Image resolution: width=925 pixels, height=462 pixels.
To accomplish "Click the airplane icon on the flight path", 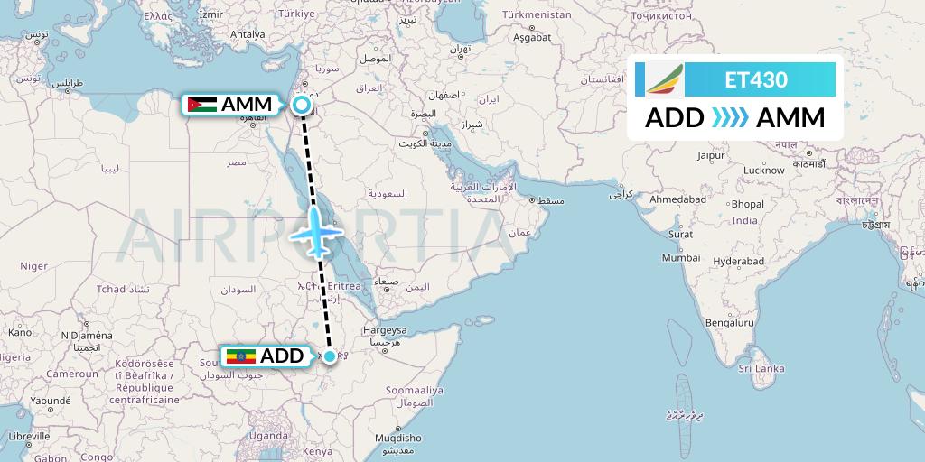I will coord(315,232).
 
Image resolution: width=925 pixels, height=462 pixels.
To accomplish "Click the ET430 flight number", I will coord(756,79).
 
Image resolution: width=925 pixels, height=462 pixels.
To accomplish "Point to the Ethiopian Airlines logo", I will coord(665,79).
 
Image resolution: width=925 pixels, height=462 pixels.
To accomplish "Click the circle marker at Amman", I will coord(303,106).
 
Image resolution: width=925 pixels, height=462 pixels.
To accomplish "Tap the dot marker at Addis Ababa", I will coord(331,356).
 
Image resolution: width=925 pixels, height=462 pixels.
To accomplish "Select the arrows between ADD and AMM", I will coord(730,118).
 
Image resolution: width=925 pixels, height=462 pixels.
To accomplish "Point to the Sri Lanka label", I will coord(761,368).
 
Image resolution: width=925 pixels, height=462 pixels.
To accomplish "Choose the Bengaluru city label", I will coord(730,322).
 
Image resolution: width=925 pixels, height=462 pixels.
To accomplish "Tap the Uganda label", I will coord(268,435).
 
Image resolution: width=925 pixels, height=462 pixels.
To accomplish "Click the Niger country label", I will coord(33,265).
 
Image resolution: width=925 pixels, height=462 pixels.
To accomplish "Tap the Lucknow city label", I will coord(763,170).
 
